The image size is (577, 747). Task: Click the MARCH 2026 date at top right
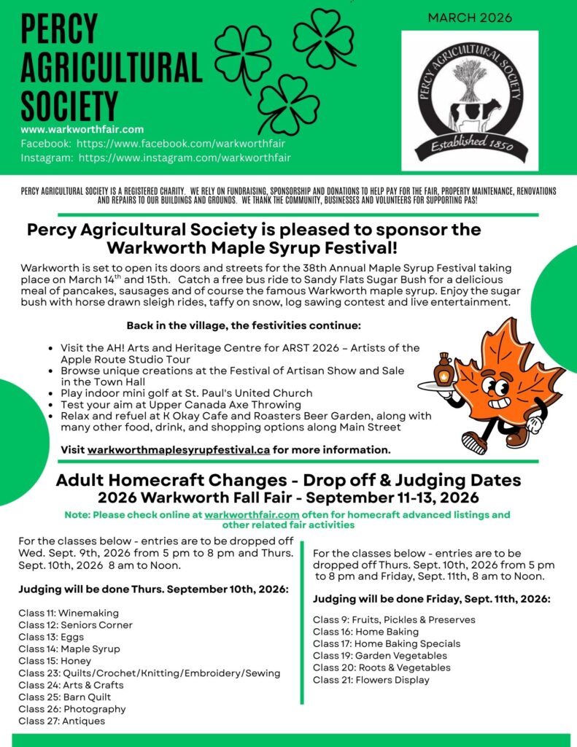(470, 18)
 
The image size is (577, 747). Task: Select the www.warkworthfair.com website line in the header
(82, 130)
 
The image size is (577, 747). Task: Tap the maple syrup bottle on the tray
(444, 370)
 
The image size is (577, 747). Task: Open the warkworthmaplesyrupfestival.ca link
(179, 449)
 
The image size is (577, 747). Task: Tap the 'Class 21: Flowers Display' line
(371, 680)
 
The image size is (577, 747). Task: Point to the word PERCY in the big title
(59, 30)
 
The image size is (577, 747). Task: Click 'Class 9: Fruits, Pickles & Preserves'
(394, 619)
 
